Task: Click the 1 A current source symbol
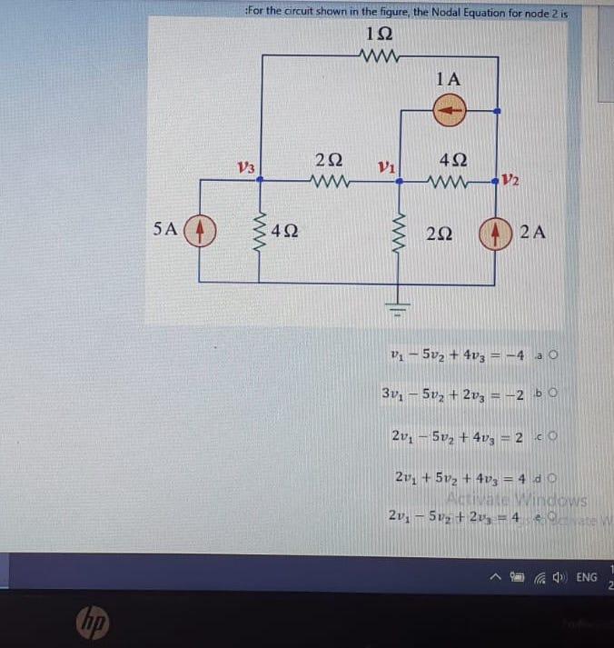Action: pos(450,111)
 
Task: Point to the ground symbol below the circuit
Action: pos(401,300)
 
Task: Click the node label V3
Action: pos(245,167)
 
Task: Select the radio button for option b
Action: pos(550,393)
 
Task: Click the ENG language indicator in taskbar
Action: pos(587,576)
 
